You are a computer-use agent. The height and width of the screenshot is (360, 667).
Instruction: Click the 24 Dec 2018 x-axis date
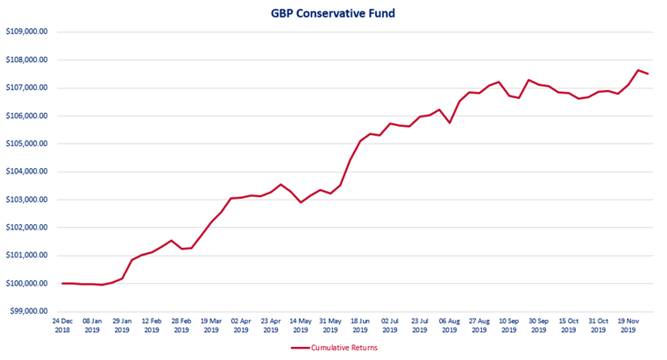click(62, 325)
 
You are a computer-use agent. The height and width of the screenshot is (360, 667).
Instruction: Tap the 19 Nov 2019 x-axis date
click(628, 325)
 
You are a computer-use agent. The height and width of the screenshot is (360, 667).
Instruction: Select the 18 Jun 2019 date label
click(360, 325)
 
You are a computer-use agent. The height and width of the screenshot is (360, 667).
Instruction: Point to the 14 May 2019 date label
click(301, 325)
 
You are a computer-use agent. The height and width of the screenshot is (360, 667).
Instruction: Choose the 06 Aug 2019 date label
click(450, 325)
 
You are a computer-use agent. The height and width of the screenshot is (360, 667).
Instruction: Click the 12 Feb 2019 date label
click(152, 325)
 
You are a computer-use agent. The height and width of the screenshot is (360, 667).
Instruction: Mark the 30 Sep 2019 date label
click(539, 325)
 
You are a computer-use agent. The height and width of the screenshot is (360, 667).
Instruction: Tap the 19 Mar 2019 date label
click(211, 325)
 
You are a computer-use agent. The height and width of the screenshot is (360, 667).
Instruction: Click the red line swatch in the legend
click(302, 348)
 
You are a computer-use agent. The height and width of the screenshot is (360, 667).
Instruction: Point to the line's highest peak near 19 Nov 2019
click(638, 70)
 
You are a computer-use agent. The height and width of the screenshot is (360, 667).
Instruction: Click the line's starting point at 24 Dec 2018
click(62, 283)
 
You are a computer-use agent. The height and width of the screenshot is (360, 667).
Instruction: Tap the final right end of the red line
click(648, 74)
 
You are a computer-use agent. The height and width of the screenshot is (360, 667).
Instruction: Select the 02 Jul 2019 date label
click(390, 325)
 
